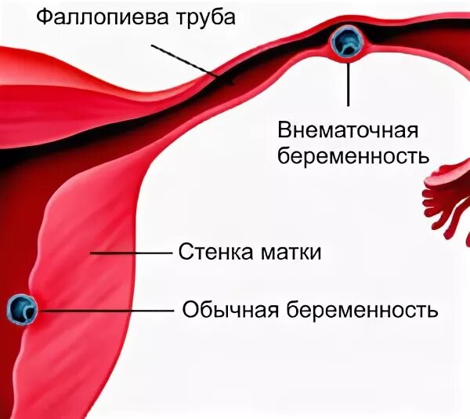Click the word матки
coord(292,253)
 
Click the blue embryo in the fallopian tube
coord(345,42)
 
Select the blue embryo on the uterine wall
coord(21,309)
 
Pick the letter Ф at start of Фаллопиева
coord(45,15)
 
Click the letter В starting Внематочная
coord(285,129)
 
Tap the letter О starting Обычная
coord(189,309)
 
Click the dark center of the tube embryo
coord(345,42)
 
